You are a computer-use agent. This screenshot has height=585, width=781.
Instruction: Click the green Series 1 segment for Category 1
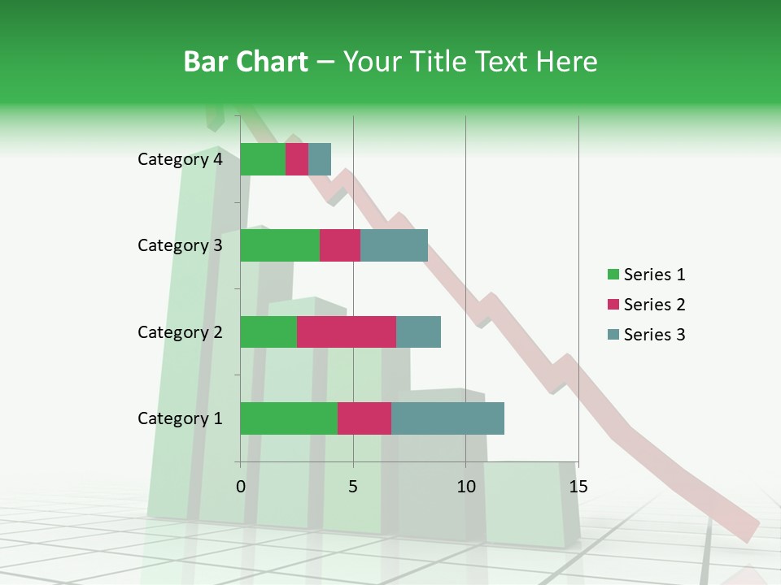point(289,418)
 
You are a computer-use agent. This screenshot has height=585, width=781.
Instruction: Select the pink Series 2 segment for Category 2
point(347,331)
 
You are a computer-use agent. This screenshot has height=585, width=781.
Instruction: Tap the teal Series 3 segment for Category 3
point(394,245)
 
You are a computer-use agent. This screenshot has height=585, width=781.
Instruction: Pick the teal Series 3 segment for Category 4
point(320,159)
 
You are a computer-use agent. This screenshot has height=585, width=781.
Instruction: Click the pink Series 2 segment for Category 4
point(297,159)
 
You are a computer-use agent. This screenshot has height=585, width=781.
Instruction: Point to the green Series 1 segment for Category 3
point(280,245)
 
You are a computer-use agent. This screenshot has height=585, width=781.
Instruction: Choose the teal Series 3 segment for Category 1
point(447,418)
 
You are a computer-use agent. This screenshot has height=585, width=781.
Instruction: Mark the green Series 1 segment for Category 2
point(268,331)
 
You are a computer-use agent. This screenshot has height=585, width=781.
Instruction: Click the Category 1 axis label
point(180,418)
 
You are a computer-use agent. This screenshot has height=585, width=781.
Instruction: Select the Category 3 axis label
point(180,245)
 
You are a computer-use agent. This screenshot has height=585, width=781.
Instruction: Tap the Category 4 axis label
point(180,159)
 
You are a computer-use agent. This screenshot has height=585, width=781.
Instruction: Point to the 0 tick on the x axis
point(241,487)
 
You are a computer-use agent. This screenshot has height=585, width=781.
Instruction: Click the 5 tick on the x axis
point(353,487)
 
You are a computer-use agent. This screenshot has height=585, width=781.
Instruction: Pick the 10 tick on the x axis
point(465,487)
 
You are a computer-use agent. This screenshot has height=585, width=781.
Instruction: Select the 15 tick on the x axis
point(578,487)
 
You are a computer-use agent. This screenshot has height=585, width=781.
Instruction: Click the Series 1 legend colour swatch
point(613,275)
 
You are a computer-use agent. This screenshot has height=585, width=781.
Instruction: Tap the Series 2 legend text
point(654,305)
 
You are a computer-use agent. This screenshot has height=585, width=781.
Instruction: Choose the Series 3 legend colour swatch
point(613,335)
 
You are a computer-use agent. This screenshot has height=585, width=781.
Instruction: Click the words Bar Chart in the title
point(246,62)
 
